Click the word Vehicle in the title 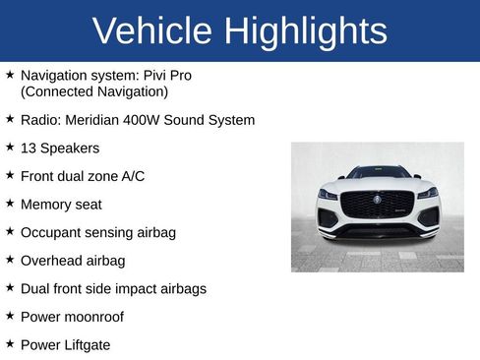click(x=153, y=31)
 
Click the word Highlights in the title click(x=305, y=31)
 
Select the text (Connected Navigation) click(x=94, y=91)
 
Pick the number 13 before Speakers click(x=29, y=149)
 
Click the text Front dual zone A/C click(x=83, y=176)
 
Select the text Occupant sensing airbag click(x=98, y=232)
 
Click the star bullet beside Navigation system click(x=10, y=74)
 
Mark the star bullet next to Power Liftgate click(x=10, y=344)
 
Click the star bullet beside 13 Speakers click(x=10, y=148)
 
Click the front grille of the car click(x=377, y=206)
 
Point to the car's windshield click(x=378, y=173)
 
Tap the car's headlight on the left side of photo click(x=328, y=195)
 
